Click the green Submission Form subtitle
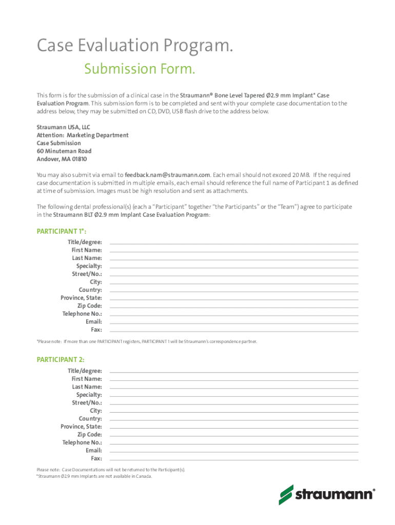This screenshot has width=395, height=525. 140,69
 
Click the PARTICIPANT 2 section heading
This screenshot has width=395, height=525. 57,360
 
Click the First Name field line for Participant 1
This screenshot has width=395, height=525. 234,250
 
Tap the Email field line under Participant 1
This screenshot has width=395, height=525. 234,322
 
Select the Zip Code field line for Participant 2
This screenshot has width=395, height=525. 234,435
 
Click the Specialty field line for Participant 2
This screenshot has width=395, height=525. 234,395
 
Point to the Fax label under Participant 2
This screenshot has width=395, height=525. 96,458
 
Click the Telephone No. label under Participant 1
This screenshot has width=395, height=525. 82,314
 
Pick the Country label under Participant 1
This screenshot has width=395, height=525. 90,290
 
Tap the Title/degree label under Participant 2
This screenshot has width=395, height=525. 85,371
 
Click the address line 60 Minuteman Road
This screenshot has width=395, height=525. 64,151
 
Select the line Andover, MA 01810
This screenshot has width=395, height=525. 62,159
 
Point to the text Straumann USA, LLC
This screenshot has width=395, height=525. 64,127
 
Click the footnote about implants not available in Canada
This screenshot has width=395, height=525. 94,476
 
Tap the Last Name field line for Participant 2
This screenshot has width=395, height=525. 234,387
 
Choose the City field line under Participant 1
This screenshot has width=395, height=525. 234,282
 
